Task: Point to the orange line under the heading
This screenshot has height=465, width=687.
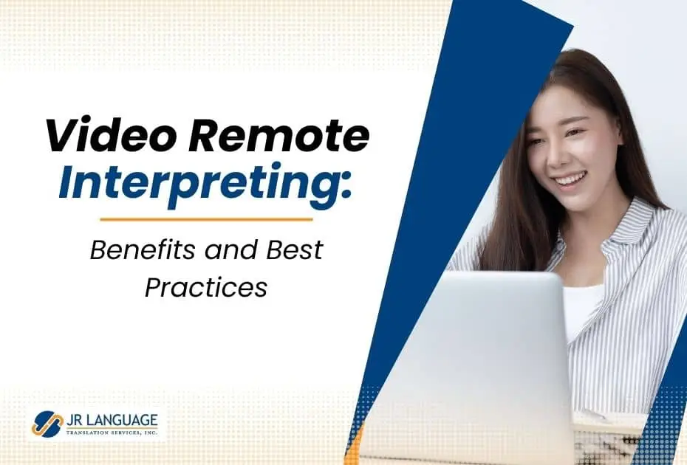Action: [206, 219]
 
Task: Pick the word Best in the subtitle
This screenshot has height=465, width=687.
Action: [295, 249]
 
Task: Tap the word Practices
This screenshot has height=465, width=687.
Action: [206, 287]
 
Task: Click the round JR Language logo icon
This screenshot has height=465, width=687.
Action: [47, 424]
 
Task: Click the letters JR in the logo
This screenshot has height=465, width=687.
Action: [72, 420]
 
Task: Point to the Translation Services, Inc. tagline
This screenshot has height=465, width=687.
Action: [112, 433]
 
